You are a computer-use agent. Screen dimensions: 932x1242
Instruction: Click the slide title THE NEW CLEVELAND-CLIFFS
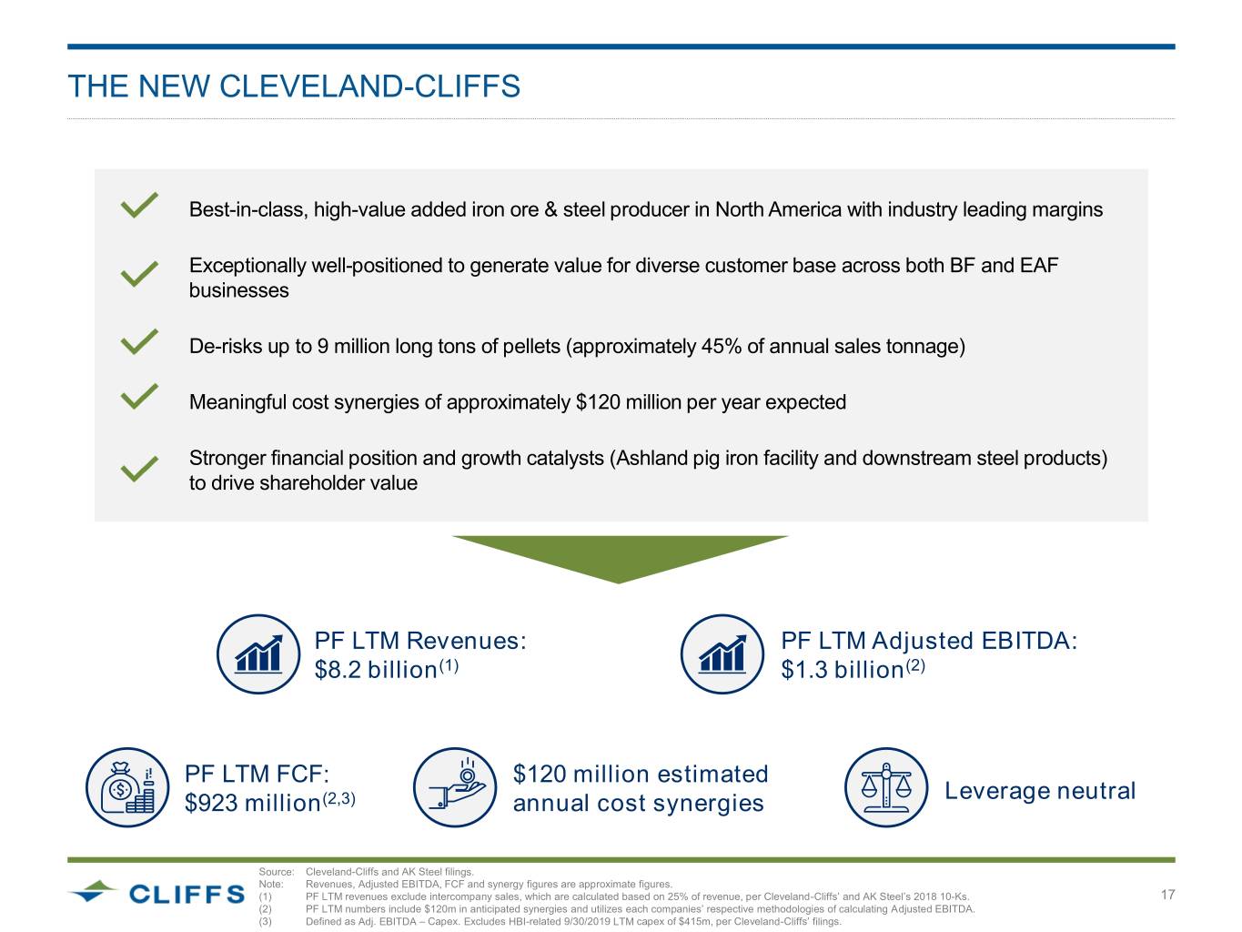pos(294,86)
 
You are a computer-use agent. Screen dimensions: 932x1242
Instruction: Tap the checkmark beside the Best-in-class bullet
pos(139,206)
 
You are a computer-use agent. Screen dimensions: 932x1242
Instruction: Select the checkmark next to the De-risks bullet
pos(139,342)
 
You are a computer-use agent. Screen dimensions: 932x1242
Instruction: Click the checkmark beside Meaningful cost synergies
pos(139,398)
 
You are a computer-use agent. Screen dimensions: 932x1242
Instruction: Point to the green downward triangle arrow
pos(620,556)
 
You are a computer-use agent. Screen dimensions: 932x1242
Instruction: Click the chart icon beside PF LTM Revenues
pos(258,654)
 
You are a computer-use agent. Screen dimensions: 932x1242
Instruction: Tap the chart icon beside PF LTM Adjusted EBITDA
pos(722,654)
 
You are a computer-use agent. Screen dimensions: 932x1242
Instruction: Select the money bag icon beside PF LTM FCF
pos(127,788)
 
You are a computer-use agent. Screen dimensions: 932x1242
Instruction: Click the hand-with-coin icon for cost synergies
pos(454,788)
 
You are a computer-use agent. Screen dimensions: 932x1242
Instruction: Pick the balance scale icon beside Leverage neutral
pos(885,788)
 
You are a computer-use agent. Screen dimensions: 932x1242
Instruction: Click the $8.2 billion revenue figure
pos(376,670)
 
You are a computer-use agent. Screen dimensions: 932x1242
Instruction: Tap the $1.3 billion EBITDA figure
pos(843,670)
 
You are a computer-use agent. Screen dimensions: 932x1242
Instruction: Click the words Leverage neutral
pos(1040,791)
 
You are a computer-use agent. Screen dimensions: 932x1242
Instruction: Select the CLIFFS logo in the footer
pos(157,893)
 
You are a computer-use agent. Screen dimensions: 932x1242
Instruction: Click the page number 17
pos(1168,895)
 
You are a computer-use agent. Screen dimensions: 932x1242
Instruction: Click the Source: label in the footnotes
pos(277,872)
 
